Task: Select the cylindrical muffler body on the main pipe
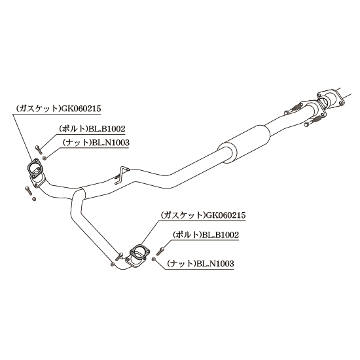point(244,143)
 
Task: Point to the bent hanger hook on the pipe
point(120,175)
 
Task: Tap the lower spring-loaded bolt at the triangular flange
point(313,121)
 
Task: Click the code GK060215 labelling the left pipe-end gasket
point(81,109)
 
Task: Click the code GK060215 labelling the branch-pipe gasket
point(226,215)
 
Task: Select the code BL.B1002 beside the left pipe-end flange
point(107,128)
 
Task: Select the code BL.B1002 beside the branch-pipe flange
point(221,234)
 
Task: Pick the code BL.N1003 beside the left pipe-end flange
point(111,143)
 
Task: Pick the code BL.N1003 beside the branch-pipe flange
point(215,263)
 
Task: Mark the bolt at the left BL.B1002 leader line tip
point(38,149)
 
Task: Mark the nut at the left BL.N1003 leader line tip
point(45,158)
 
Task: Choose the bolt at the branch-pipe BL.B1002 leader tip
point(160,251)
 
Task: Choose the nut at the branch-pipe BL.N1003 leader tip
point(154,259)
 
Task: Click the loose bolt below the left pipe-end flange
point(27,190)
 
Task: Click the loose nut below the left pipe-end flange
point(34,199)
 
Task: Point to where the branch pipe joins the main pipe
point(79,194)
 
